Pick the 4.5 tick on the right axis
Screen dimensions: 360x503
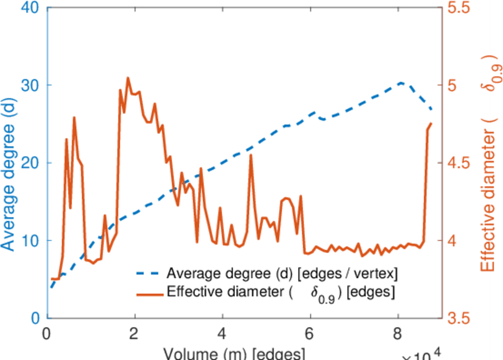click(460, 163)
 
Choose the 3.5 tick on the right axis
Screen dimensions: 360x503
click(460, 318)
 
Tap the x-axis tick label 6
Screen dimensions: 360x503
click(310, 334)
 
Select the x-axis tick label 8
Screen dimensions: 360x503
click(398, 334)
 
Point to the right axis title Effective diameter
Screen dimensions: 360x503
click(489, 162)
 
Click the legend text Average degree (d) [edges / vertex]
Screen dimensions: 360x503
click(282, 274)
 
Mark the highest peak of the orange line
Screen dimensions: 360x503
click(128, 78)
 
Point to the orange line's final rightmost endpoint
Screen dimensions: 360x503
click(431, 124)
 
